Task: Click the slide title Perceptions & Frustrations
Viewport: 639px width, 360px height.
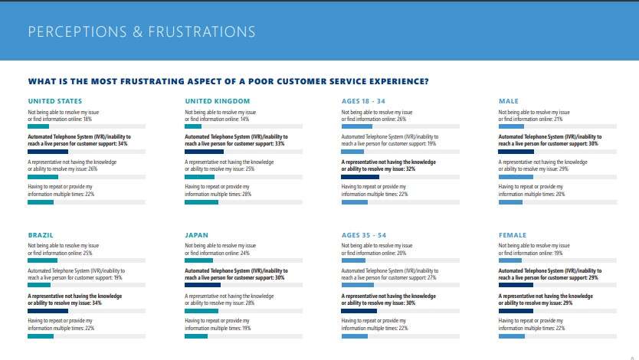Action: tap(142, 32)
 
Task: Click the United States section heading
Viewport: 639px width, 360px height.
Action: tap(55, 101)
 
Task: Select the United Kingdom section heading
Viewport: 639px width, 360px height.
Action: tap(218, 101)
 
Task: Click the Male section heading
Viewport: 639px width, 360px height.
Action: tap(509, 101)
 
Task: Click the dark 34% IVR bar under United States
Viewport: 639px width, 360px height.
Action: tap(48, 152)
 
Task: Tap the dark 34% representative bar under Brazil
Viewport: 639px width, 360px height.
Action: tap(48, 311)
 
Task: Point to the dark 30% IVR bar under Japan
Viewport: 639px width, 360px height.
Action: tap(202, 286)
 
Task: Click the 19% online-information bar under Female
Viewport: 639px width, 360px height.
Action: tap(510, 260)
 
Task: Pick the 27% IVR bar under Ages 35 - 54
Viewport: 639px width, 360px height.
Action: tap(357, 286)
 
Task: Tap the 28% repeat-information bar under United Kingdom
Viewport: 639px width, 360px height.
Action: tap(202, 202)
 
